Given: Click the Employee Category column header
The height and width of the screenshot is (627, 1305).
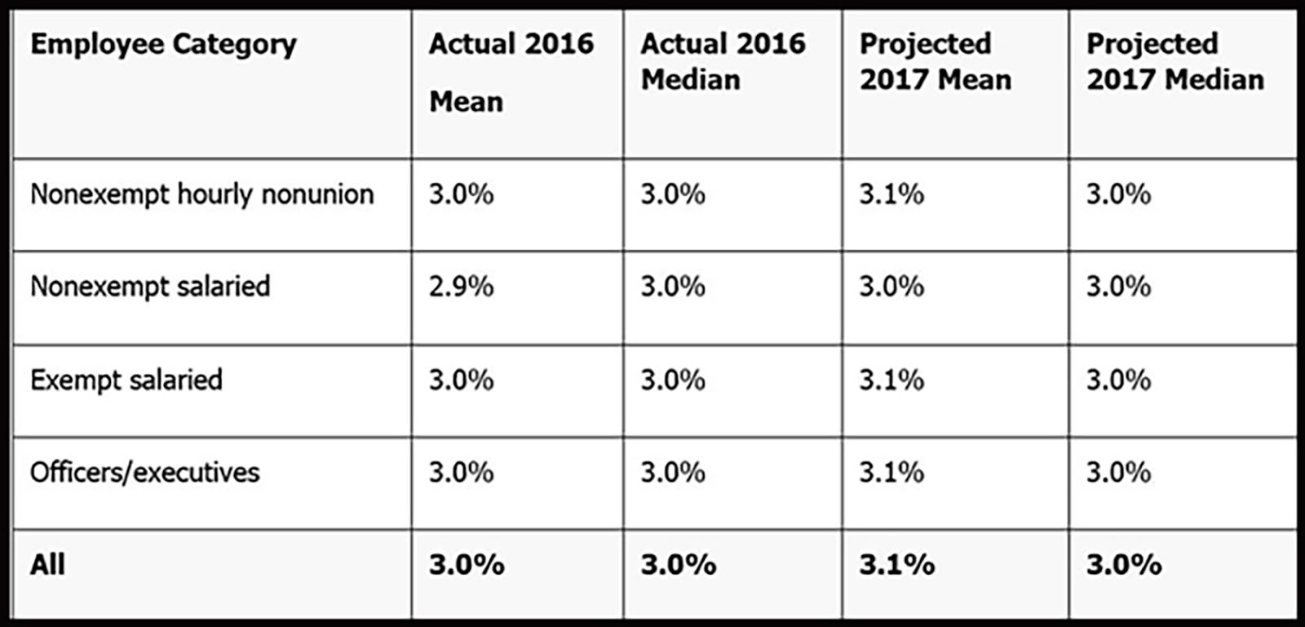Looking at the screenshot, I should click(x=163, y=45).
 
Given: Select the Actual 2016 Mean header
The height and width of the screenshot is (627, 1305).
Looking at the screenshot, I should click(x=511, y=72).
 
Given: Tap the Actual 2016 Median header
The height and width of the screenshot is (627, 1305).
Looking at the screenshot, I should click(x=723, y=61).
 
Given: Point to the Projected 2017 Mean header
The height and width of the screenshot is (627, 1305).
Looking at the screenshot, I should click(x=935, y=61).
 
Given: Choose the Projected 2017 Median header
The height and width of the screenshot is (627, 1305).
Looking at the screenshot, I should click(x=1174, y=61).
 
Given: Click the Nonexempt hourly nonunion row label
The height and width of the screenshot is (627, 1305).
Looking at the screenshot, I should click(x=201, y=194).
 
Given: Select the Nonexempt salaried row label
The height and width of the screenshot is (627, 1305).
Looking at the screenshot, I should click(x=150, y=287).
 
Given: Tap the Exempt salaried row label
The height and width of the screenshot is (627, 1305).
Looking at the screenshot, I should click(x=126, y=380).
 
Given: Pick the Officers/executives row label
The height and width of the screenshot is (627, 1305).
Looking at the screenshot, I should click(x=144, y=472).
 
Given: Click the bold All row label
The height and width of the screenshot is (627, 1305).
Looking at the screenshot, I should click(x=47, y=564).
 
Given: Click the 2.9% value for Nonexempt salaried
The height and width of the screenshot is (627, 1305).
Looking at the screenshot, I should click(x=461, y=287).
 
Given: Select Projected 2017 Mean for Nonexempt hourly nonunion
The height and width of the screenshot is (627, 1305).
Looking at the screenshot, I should click(x=891, y=194).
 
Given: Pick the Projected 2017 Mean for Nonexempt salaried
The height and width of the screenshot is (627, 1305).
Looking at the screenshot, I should click(x=891, y=287).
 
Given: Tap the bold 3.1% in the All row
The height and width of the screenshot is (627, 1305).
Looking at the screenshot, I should click(x=896, y=564).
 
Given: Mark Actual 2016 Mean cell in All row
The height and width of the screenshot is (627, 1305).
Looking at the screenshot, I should click(x=467, y=564).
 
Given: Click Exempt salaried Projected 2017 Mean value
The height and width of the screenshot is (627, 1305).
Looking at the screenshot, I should click(x=891, y=380).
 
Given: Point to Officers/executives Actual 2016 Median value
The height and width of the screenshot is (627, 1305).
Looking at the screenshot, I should click(x=672, y=472).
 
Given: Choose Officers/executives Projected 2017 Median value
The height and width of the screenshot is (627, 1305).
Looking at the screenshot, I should click(x=1118, y=472).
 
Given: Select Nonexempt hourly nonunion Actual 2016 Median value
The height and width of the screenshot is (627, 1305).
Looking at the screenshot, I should click(x=672, y=194).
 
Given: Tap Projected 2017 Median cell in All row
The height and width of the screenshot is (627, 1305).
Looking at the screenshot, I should click(x=1124, y=564).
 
